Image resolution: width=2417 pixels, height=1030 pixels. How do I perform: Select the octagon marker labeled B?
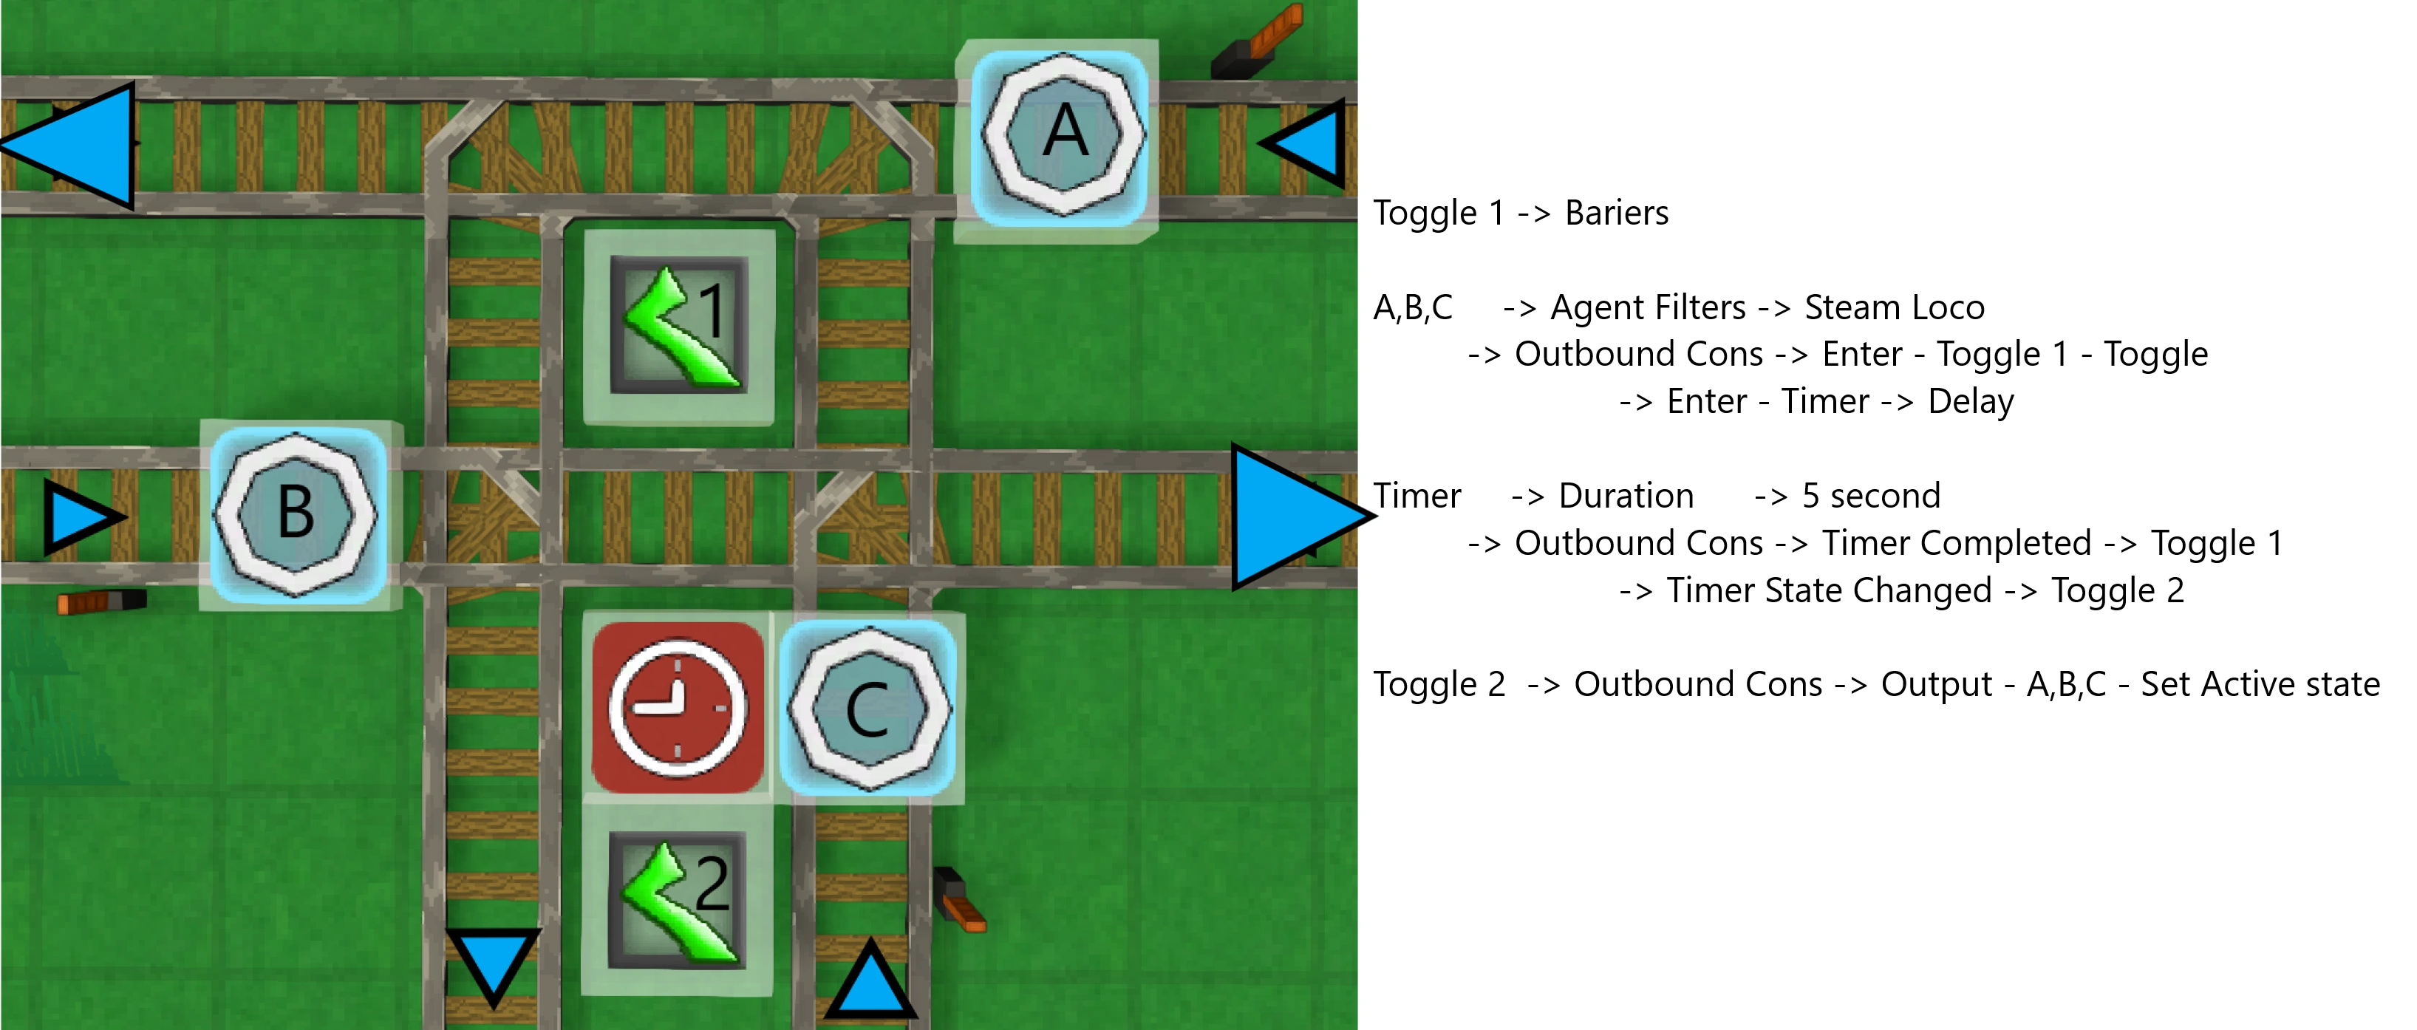click(x=296, y=513)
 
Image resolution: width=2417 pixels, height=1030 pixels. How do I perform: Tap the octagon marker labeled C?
click(x=869, y=709)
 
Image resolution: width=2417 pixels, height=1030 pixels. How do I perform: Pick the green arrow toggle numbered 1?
click(x=679, y=327)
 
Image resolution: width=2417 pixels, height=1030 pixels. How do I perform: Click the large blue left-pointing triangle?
click(x=75, y=146)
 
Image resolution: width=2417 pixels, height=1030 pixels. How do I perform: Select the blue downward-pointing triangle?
click(x=493, y=961)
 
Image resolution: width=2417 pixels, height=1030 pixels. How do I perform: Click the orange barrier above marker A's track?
click(x=1258, y=42)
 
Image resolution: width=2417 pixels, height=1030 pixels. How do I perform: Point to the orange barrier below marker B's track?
click(x=101, y=601)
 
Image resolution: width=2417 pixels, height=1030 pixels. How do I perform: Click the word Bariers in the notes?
click(x=1616, y=213)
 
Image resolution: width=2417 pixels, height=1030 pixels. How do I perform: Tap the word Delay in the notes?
click(x=1971, y=401)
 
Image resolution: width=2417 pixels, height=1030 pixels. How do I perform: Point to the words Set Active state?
click(x=2260, y=684)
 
